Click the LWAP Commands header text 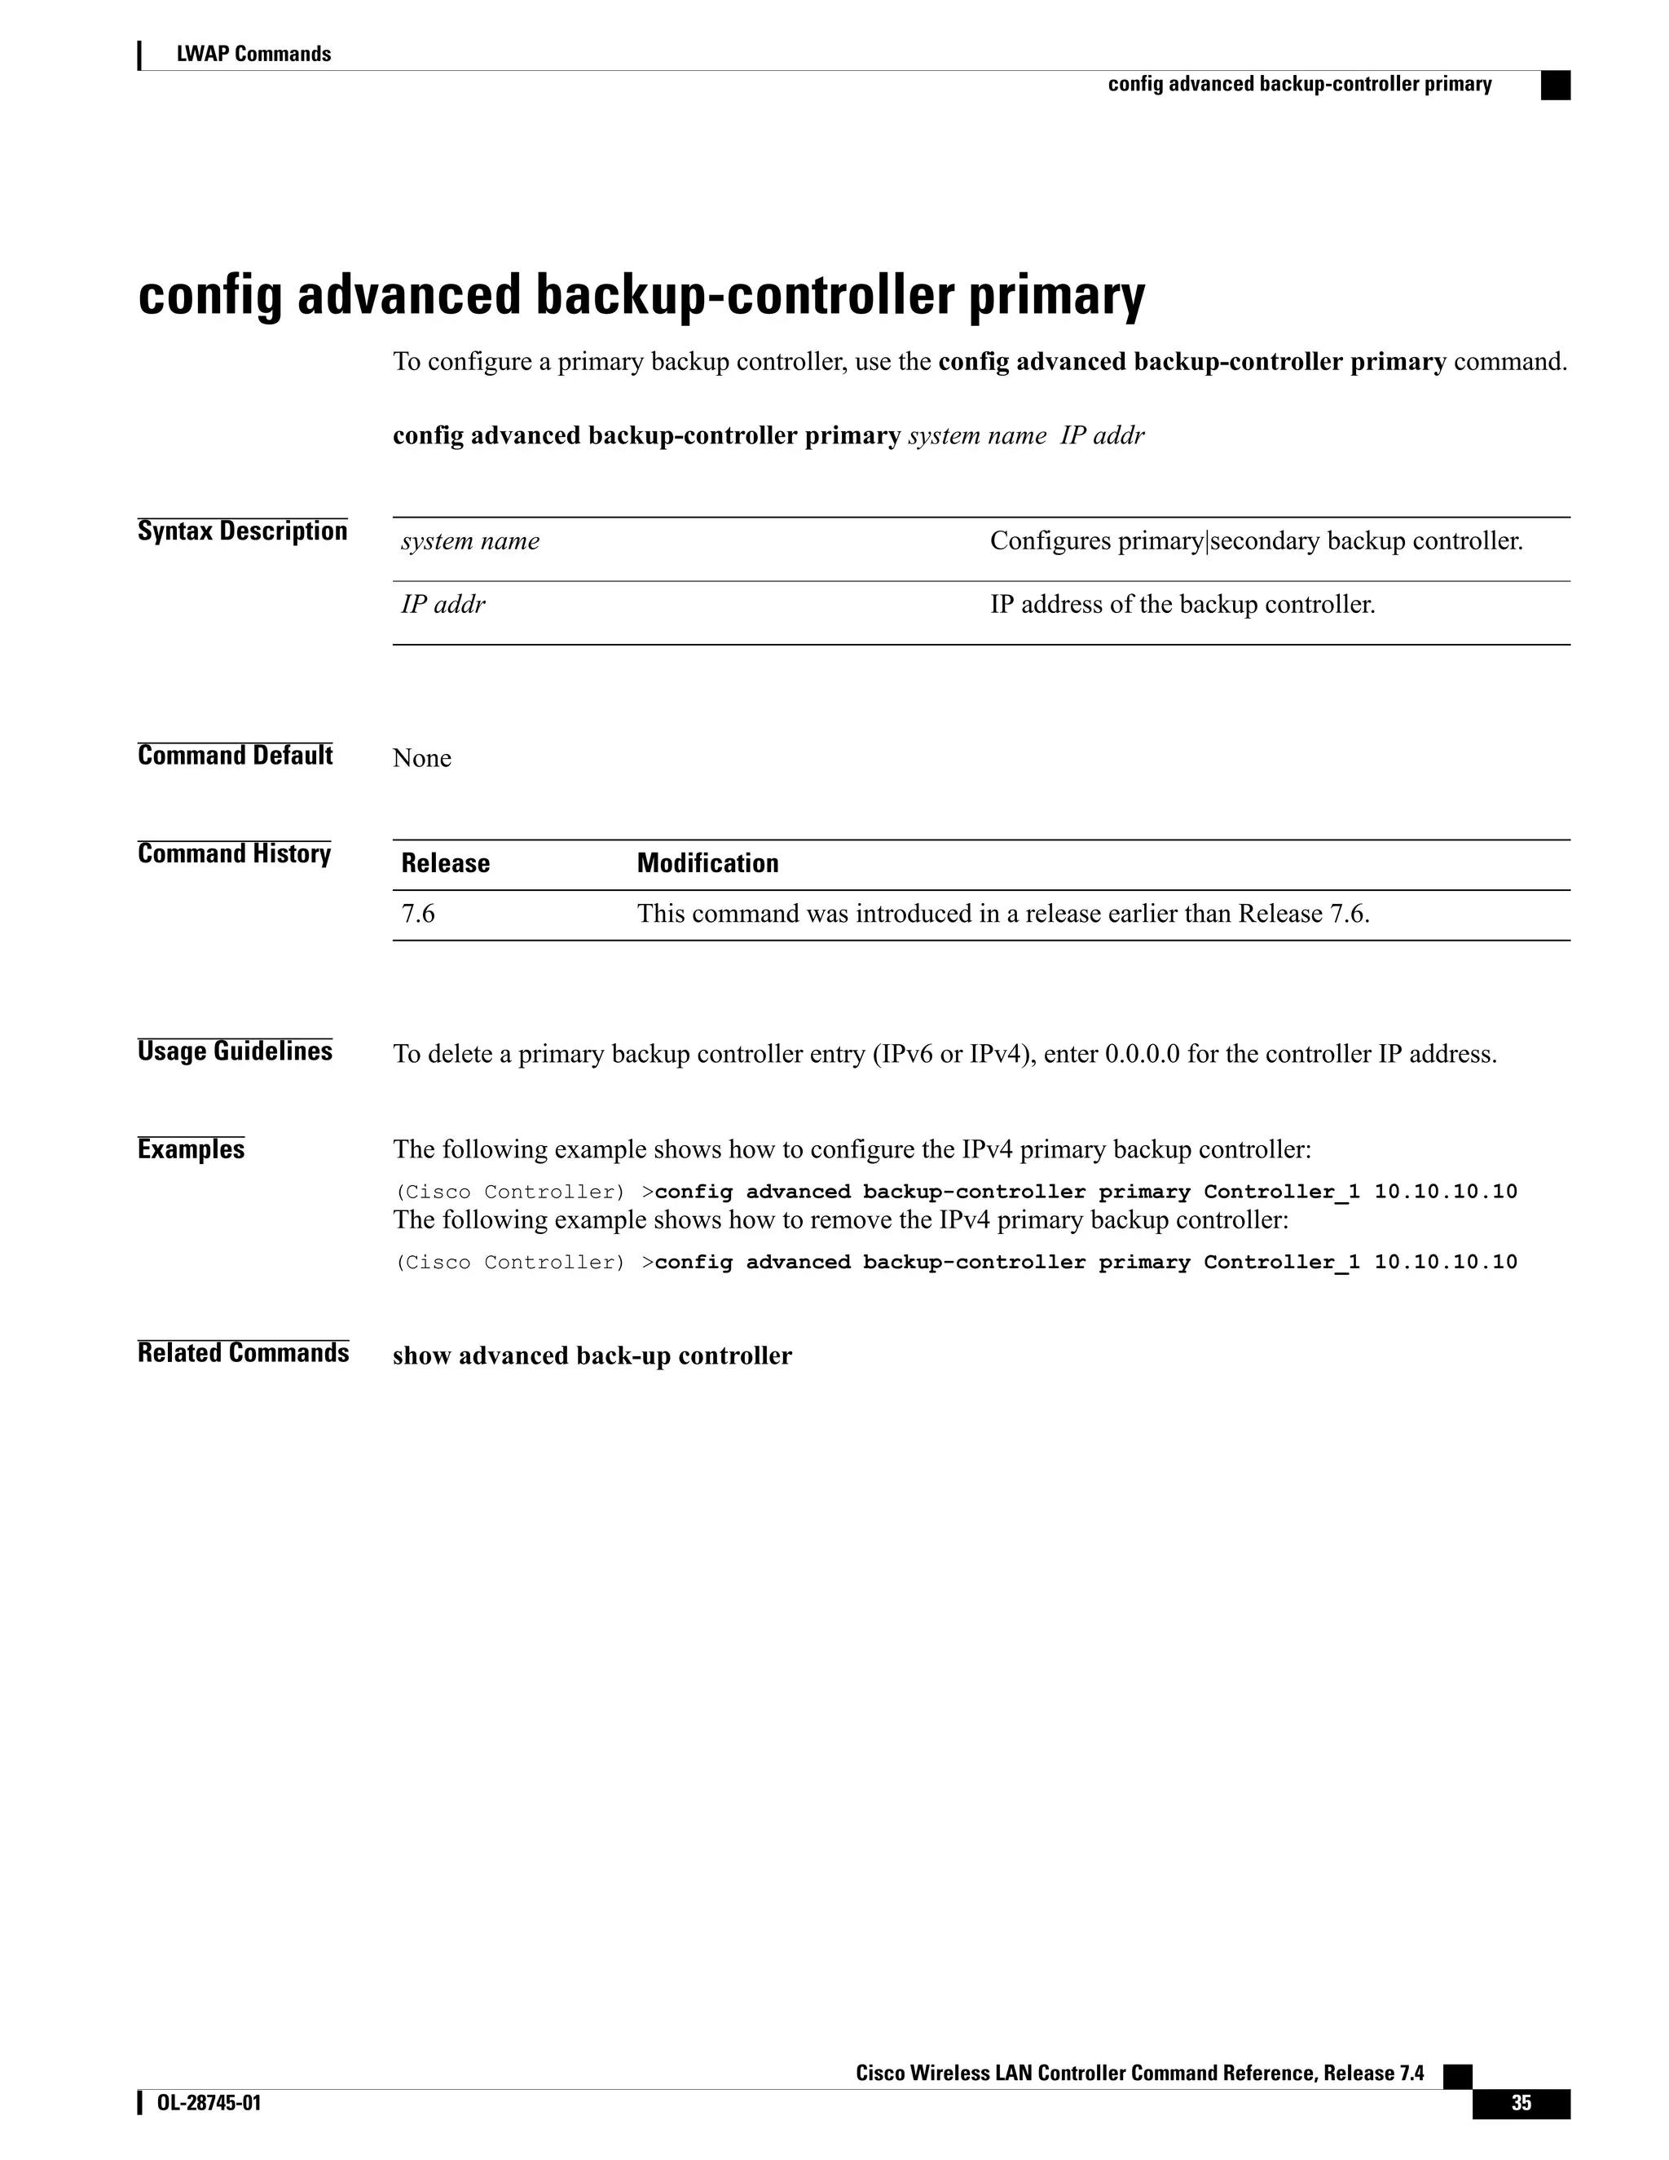[253, 55]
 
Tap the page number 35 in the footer [1520, 2105]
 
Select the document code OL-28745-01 [209, 2104]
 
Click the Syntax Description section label [242, 531]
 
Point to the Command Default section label [236, 756]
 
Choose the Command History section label [235, 853]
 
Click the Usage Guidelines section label [236, 1051]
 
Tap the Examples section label [191, 1149]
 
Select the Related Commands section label [243, 1353]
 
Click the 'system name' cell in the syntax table [471, 541]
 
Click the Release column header [445, 863]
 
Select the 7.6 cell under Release [418, 914]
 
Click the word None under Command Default [421, 759]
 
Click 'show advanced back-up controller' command [592, 1356]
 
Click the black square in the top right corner [1555, 86]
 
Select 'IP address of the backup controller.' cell [1182, 604]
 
